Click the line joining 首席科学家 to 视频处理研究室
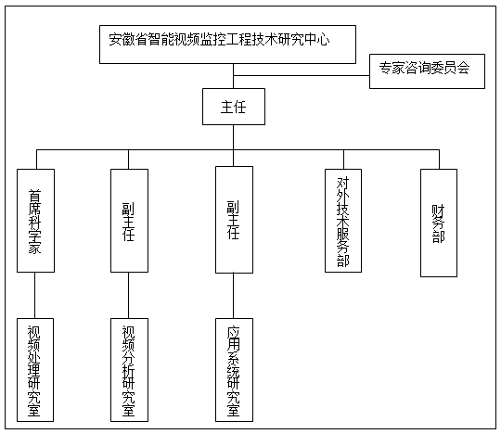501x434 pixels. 35,296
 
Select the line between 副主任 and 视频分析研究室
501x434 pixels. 128,296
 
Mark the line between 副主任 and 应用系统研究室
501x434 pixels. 233,296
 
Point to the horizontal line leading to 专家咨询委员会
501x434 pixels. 302,76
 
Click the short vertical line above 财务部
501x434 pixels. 439,160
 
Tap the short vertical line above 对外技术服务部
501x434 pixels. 344,160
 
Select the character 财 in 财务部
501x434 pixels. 438,211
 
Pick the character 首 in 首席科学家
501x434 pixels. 35,196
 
